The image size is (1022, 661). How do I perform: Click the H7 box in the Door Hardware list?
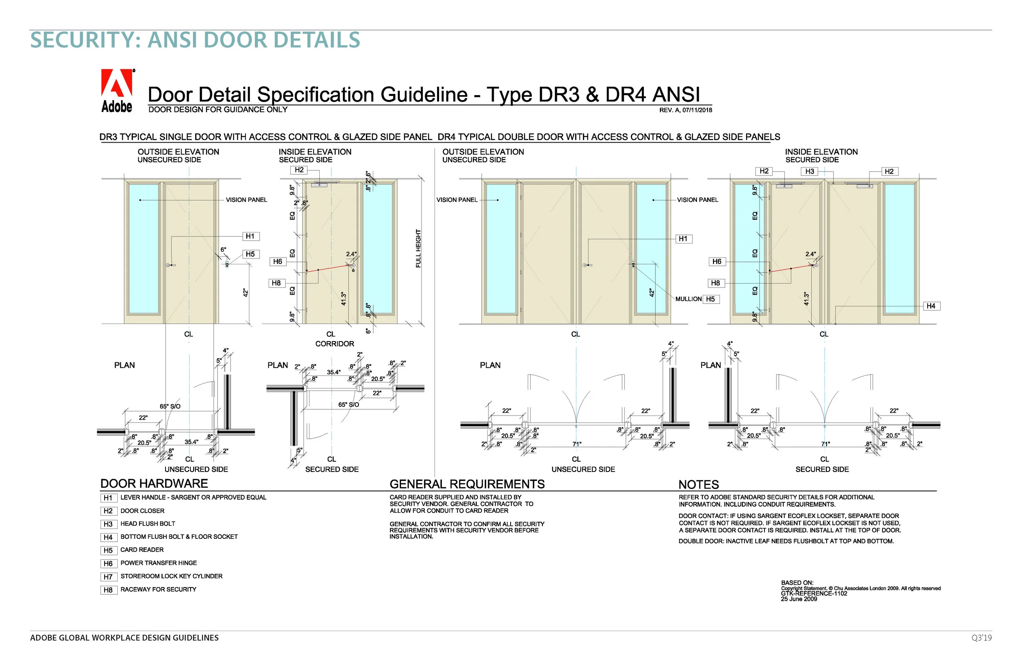pos(108,577)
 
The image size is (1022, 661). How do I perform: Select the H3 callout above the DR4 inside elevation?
pos(809,171)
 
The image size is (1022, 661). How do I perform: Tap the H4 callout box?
pos(930,306)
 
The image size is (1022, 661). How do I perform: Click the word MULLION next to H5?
pos(688,299)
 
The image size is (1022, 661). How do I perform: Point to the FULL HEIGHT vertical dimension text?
pos(418,248)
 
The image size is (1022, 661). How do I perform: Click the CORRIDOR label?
pos(334,344)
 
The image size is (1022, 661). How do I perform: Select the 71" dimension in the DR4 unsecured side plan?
pos(576,444)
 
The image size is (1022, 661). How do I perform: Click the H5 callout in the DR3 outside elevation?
pos(250,254)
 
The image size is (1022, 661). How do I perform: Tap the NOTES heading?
pos(698,485)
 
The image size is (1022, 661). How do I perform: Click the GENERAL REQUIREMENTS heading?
pos(467,484)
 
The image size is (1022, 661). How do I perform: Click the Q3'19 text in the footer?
pos(981,638)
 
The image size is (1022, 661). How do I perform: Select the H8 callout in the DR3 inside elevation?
pos(276,283)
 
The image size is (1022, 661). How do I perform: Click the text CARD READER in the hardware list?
pos(142,550)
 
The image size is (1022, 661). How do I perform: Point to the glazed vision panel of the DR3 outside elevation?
pos(143,249)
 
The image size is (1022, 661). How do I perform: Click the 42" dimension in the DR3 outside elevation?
pos(246,293)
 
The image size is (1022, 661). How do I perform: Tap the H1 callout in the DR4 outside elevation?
pos(683,239)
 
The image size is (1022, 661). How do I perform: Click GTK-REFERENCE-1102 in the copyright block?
pos(814,594)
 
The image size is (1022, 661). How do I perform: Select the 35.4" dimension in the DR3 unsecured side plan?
pos(191,442)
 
